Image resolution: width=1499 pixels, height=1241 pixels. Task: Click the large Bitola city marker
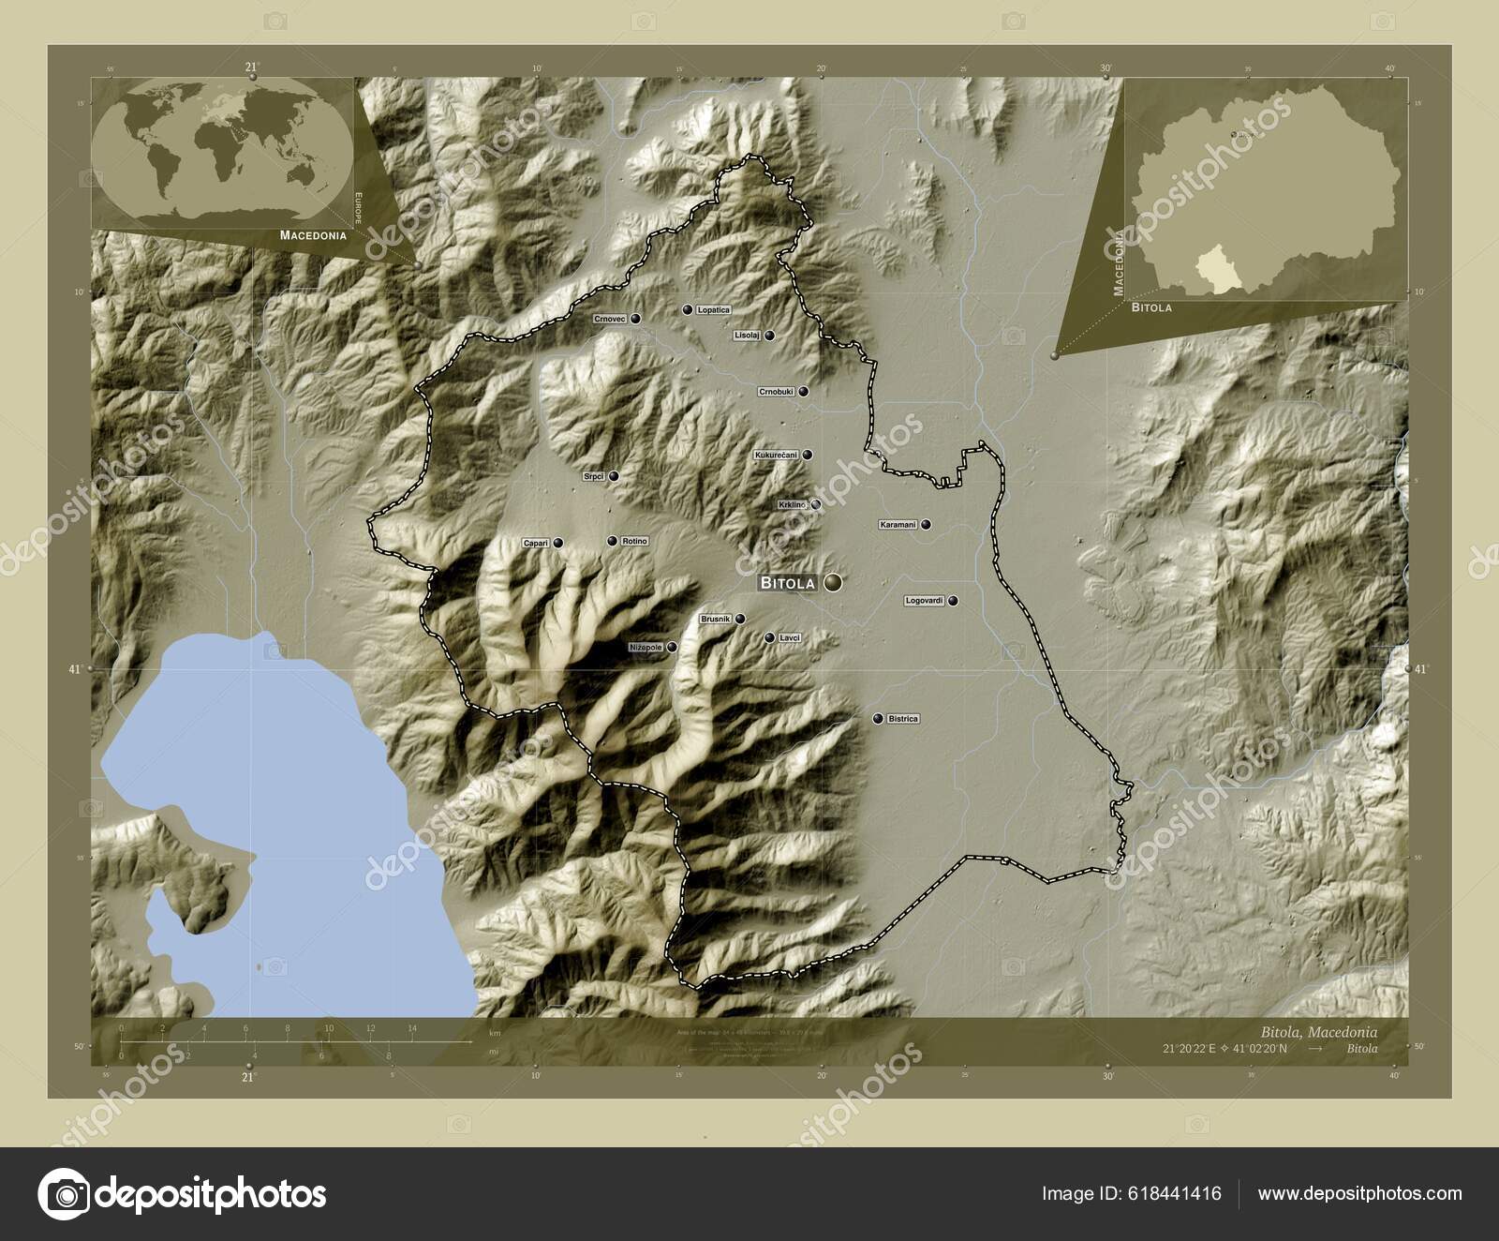(833, 583)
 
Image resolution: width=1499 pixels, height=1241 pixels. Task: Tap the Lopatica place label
(713, 309)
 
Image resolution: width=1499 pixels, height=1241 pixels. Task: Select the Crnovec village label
(609, 320)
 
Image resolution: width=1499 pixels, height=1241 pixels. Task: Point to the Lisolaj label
(747, 335)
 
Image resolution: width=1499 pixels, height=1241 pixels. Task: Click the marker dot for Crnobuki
(803, 392)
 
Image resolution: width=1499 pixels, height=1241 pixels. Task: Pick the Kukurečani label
(776, 455)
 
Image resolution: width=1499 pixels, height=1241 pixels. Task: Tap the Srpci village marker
(614, 476)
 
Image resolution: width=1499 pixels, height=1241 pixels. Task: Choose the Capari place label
(535, 543)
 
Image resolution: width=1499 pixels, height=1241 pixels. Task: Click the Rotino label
(634, 542)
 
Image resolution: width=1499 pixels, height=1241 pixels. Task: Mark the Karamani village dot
(926, 525)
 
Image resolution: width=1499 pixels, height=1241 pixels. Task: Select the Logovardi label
(924, 601)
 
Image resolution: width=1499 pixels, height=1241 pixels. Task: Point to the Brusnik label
(715, 620)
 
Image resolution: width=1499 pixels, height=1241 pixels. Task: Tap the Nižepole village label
(646, 647)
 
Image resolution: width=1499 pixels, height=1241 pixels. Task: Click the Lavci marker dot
(769, 638)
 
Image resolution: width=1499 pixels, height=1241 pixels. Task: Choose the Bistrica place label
(903, 719)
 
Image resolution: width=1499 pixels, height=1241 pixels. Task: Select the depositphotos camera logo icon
(64, 1194)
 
